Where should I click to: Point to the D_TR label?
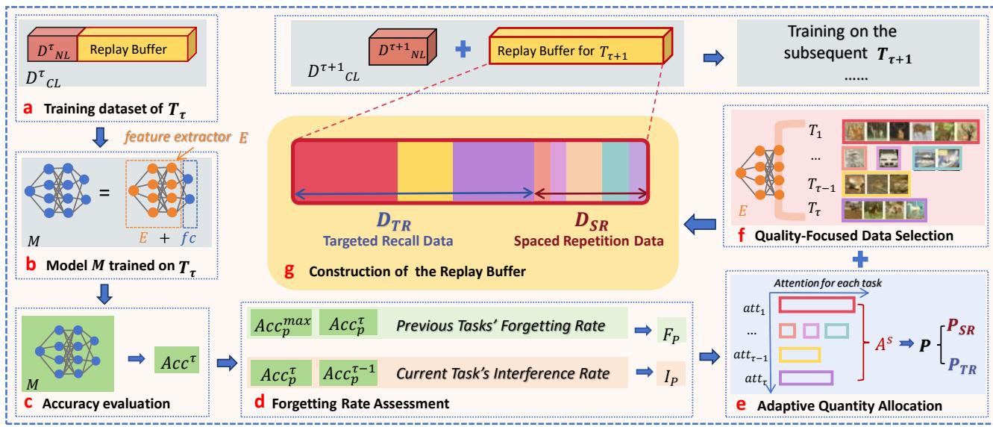[x=395, y=223]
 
